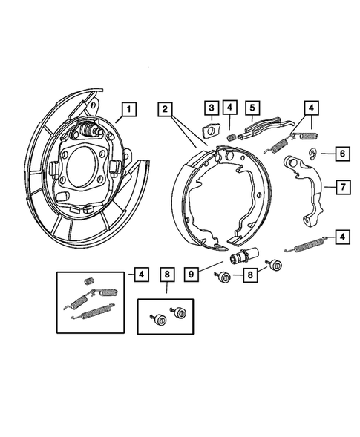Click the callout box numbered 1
click(x=129, y=110)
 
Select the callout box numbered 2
click(x=166, y=110)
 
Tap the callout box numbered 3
click(x=211, y=110)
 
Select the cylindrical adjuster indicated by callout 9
click(x=240, y=258)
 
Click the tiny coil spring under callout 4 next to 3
click(x=231, y=137)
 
